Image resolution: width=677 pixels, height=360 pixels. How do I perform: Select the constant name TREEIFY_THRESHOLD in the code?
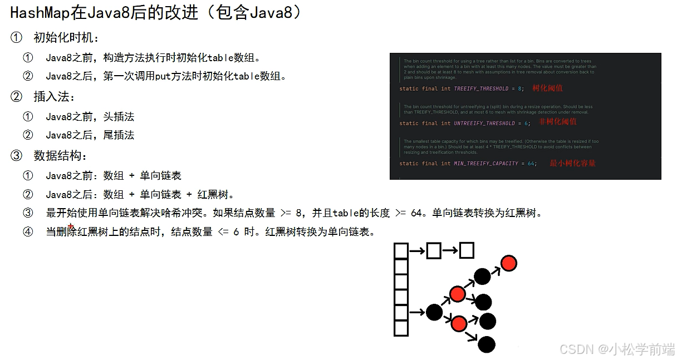tap(481, 88)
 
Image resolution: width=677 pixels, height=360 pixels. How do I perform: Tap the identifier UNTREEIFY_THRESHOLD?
tap(484, 124)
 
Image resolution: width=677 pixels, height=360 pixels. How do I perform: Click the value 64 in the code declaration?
tap(531, 164)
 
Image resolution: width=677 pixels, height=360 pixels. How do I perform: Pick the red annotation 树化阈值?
tap(547, 88)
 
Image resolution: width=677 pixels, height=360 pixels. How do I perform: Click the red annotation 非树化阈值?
tap(558, 121)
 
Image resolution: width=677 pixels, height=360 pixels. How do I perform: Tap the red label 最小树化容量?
tap(572, 163)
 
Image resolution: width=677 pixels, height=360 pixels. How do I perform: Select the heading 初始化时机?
tap(66, 38)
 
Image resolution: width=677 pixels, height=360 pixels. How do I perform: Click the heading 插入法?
tap(53, 97)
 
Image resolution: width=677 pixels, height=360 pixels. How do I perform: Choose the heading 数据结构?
tap(60, 156)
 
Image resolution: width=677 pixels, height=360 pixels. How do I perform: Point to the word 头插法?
tap(119, 117)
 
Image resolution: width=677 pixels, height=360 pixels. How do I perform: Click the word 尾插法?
tap(119, 135)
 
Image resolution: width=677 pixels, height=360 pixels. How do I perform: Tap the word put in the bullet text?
tap(162, 76)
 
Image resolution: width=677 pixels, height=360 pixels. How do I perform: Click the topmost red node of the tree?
tap(508, 263)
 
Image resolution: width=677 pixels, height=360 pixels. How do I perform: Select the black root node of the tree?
tap(434, 312)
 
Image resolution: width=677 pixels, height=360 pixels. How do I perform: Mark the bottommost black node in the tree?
tap(487, 344)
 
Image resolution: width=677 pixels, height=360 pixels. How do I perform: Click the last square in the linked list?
tap(467, 251)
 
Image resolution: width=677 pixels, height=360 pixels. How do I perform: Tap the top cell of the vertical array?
tap(401, 251)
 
